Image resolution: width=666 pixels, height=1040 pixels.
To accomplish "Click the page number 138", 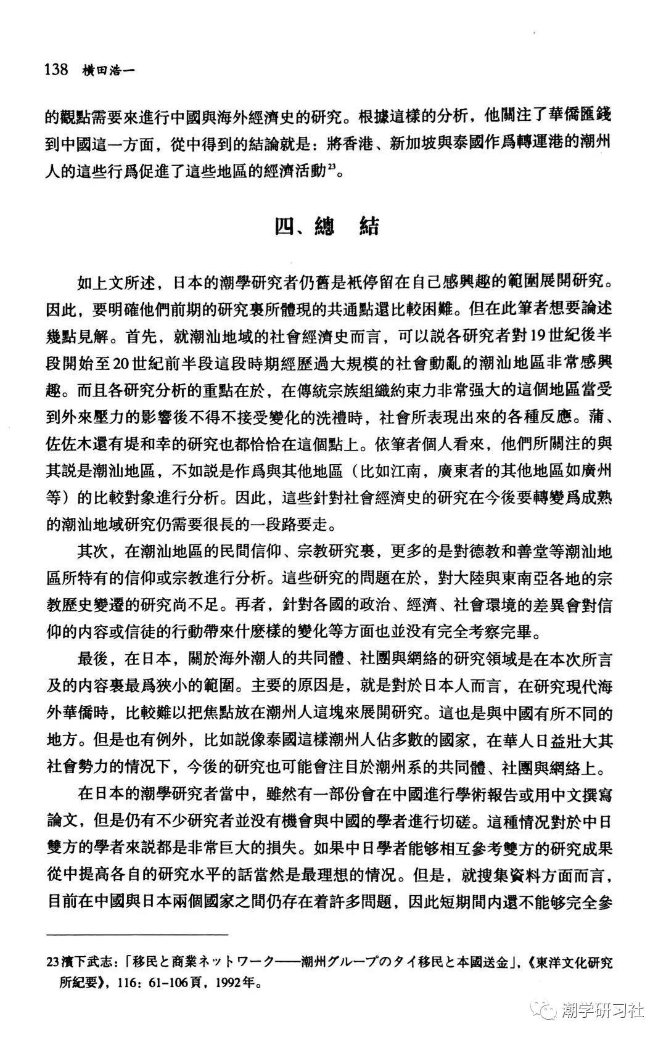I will (x=56, y=68).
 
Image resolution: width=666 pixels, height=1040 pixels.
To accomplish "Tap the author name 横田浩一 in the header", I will (x=109, y=70).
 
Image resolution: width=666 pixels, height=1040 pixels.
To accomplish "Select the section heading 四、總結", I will (x=327, y=226).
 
